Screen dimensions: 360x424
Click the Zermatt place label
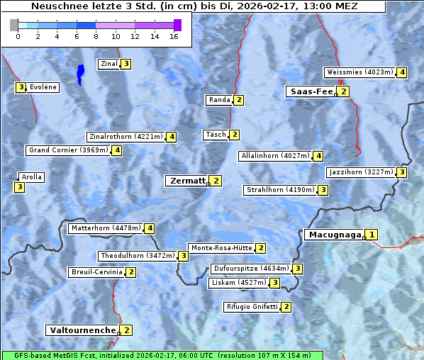click(186, 181)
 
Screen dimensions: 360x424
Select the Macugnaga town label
click(333, 235)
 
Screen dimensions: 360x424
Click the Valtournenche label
click(82, 330)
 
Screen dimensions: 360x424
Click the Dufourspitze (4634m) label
click(251, 269)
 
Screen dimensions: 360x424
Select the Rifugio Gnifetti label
click(252, 307)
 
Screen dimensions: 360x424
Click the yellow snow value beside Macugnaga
click(372, 235)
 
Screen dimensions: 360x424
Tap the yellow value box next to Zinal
click(125, 64)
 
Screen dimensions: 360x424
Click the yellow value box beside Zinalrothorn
click(171, 137)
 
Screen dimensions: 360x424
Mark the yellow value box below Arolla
click(19, 187)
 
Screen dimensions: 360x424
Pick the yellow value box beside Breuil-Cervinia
click(130, 272)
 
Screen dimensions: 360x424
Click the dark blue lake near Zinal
click(80, 73)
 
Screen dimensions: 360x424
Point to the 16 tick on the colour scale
click(174, 36)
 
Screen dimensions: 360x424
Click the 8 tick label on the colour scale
click(96, 36)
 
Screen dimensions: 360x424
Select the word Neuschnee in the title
click(55, 6)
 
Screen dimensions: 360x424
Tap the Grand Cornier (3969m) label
click(68, 150)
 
